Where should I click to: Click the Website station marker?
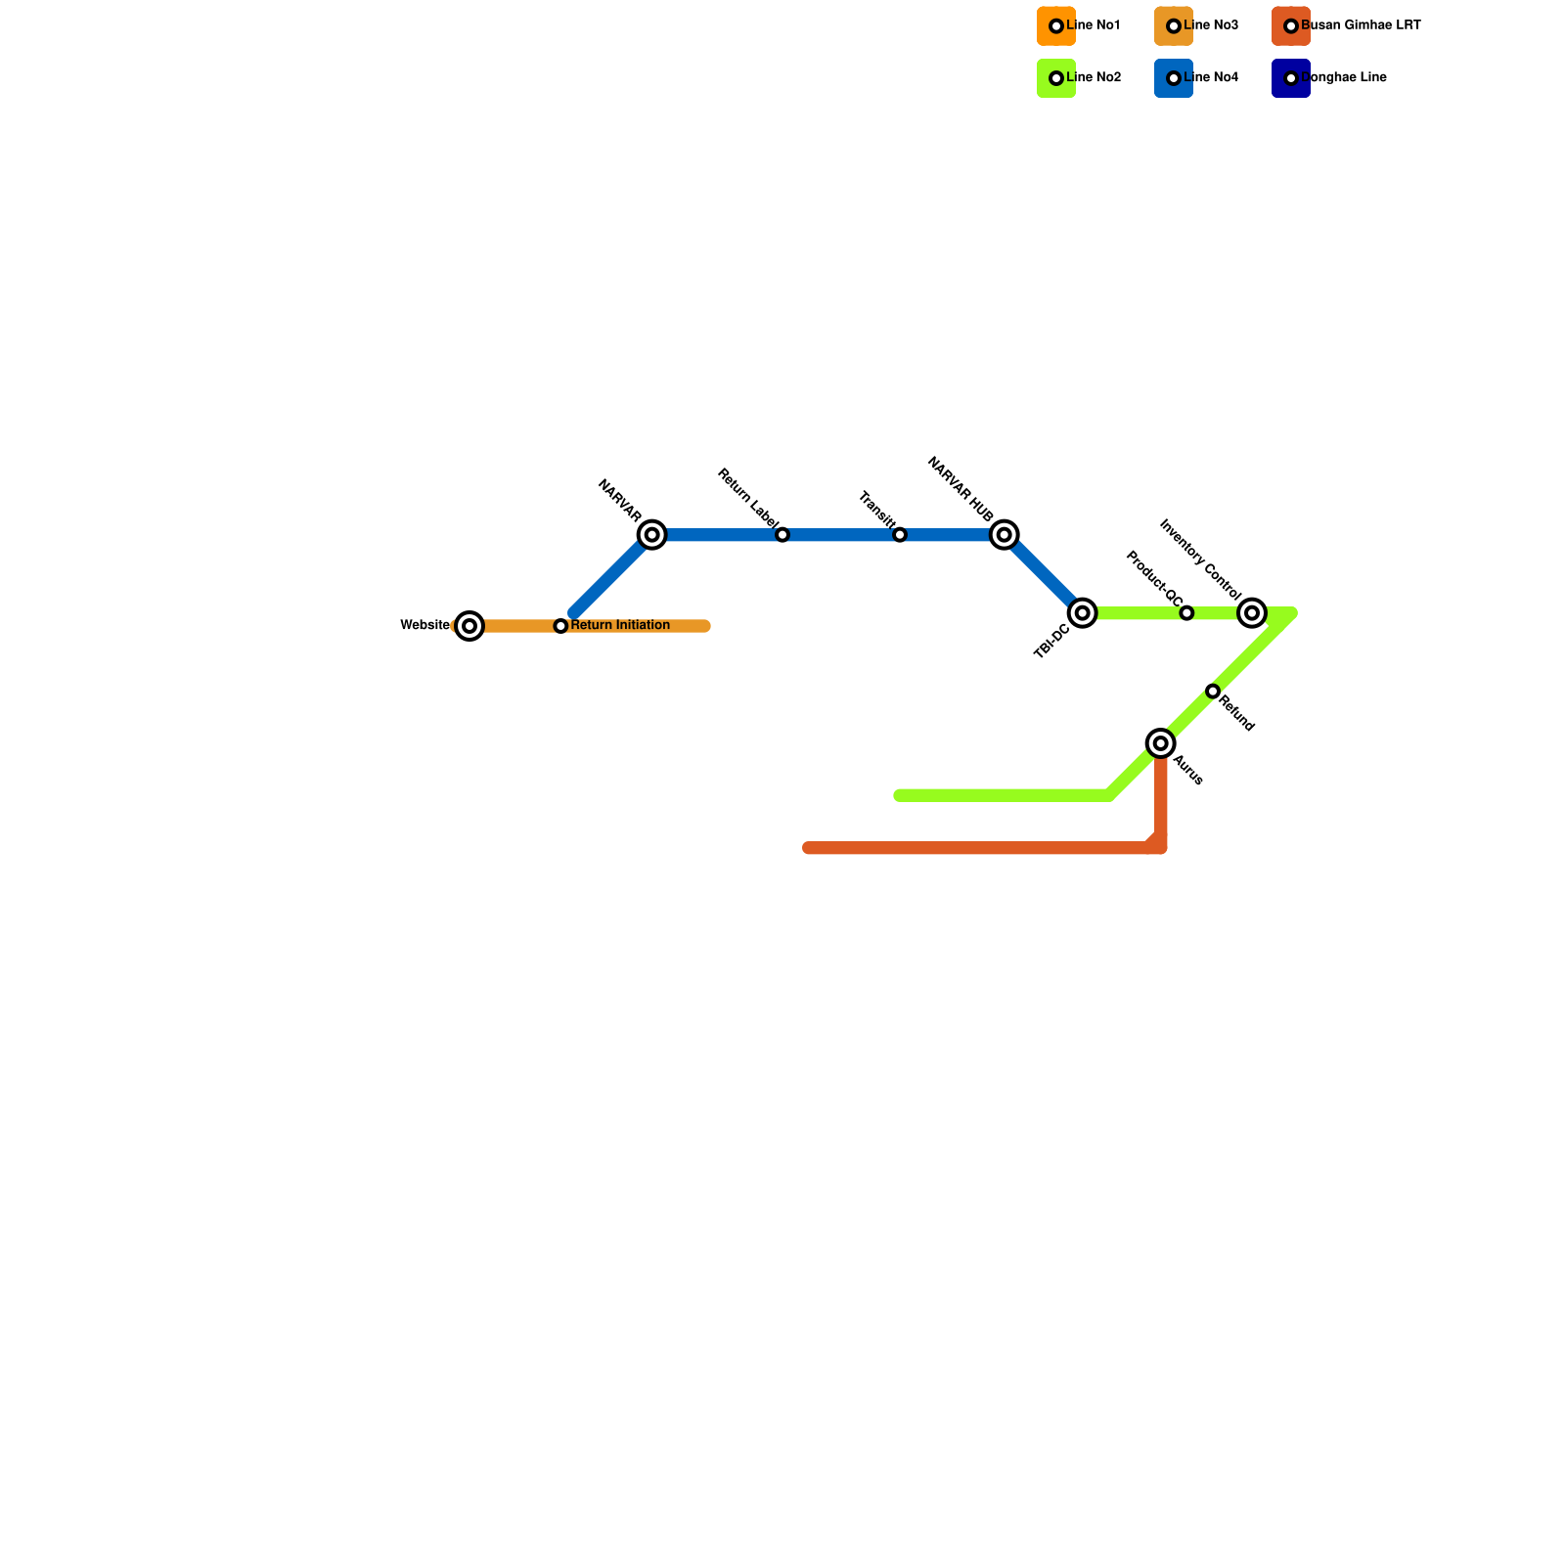click(469, 626)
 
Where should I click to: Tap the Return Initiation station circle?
click(560, 626)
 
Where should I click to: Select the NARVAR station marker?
click(652, 535)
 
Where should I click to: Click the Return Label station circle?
click(782, 535)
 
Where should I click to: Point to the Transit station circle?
click(900, 535)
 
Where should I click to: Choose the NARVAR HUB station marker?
click(1005, 535)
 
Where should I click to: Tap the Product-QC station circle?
click(1186, 613)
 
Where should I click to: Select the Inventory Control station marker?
click(1252, 613)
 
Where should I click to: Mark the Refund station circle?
click(1213, 692)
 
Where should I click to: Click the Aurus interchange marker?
click(1161, 744)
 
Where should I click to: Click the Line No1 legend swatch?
click(1056, 26)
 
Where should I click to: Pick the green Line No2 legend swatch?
click(1056, 78)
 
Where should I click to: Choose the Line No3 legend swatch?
click(1174, 26)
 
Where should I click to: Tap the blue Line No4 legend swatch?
click(1174, 78)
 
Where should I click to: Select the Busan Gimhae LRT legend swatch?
click(1291, 26)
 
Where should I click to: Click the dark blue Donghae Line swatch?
click(1291, 78)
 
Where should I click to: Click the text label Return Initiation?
click(620, 626)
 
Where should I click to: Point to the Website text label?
click(425, 626)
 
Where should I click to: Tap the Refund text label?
click(1236, 713)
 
